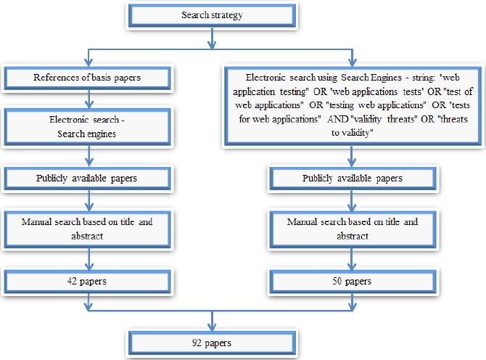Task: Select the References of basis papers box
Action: point(88,78)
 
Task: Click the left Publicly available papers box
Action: point(88,178)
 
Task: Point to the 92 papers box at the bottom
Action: point(211,340)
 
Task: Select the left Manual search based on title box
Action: point(88,227)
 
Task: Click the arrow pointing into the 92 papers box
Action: point(211,322)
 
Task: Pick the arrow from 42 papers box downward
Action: point(88,301)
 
